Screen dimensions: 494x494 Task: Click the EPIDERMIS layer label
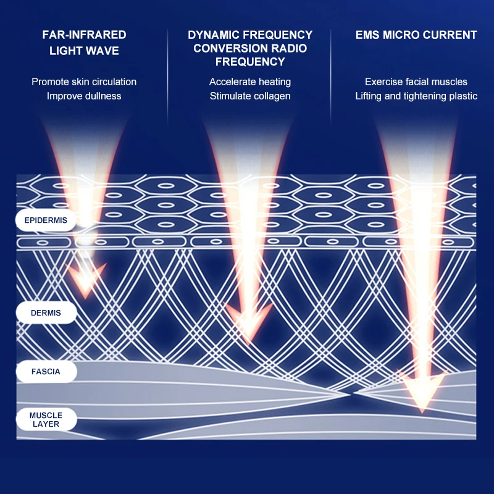coord(46,220)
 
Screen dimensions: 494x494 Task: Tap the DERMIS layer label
coord(46,313)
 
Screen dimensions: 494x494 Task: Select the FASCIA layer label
coord(46,372)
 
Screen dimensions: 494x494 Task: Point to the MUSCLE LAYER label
coord(46,419)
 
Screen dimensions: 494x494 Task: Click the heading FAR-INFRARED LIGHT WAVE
coord(84,43)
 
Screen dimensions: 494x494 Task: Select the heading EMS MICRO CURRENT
coord(416,35)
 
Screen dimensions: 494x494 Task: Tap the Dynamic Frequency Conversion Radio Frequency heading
coord(250,48)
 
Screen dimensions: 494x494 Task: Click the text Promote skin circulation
coord(84,82)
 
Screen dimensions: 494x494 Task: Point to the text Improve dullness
coord(84,96)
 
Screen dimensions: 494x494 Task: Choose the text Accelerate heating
coord(250,82)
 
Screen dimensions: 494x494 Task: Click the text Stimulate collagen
coord(250,96)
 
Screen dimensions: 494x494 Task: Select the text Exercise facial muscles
coord(416,82)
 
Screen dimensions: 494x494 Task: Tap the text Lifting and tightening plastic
coord(416,96)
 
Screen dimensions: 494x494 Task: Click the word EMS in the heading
coord(369,35)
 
